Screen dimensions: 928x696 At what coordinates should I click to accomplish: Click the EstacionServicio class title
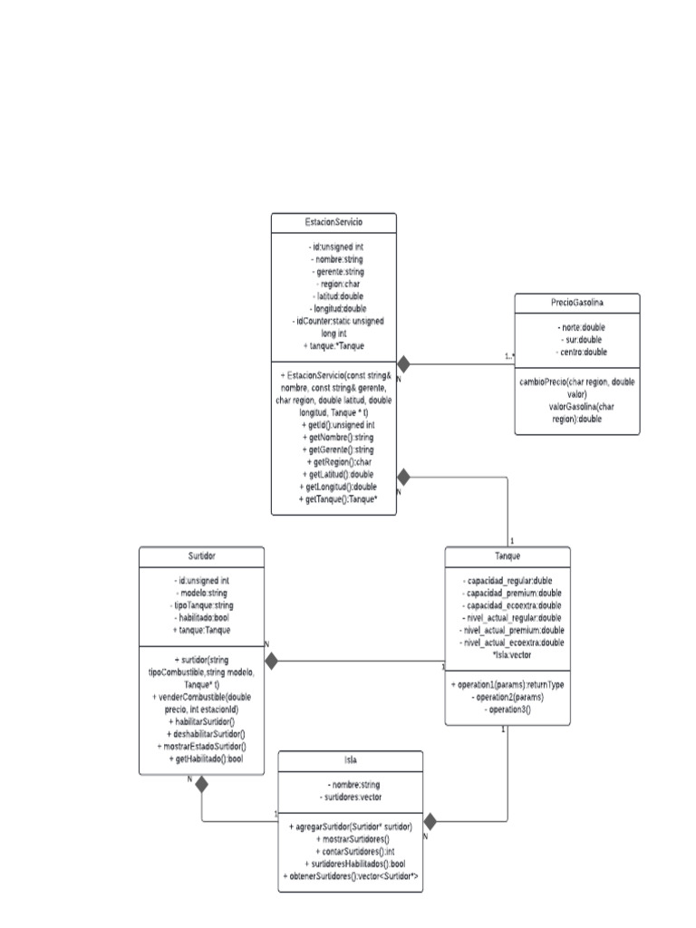pyautogui.click(x=333, y=221)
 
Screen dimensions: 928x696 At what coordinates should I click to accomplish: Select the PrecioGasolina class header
pyautogui.click(x=576, y=302)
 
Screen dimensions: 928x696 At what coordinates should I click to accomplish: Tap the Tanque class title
pyautogui.click(x=507, y=555)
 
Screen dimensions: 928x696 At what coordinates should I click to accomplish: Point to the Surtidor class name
pyautogui.click(x=201, y=555)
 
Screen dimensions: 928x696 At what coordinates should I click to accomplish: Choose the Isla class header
pyautogui.click(x=350, y=759)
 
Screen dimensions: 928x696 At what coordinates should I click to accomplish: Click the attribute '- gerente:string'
pyautogui.click(x=333, y=271)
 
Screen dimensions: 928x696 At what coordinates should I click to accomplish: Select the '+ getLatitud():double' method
pyautogui.click(x=333, y=474)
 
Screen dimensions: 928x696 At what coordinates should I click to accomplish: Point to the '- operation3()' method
pyautogui.click(x=507, y=710)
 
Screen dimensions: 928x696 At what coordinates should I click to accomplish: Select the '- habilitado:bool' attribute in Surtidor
pyautogui.click(x=201, y=617)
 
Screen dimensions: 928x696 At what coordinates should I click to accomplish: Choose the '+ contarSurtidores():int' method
pyautogui.click(x=350, y=852)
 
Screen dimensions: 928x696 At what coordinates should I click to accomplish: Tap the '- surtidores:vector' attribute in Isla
pyautogui.click(x=350, y=797)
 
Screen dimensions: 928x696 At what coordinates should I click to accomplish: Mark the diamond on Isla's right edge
pyautogui.click(x=430, y=822)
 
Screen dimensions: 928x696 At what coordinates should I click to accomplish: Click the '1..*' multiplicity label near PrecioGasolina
pyautogui.click(x=509, y=356)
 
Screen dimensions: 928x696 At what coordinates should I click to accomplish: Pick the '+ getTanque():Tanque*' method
pyautogui.click(x=333, y=499)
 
